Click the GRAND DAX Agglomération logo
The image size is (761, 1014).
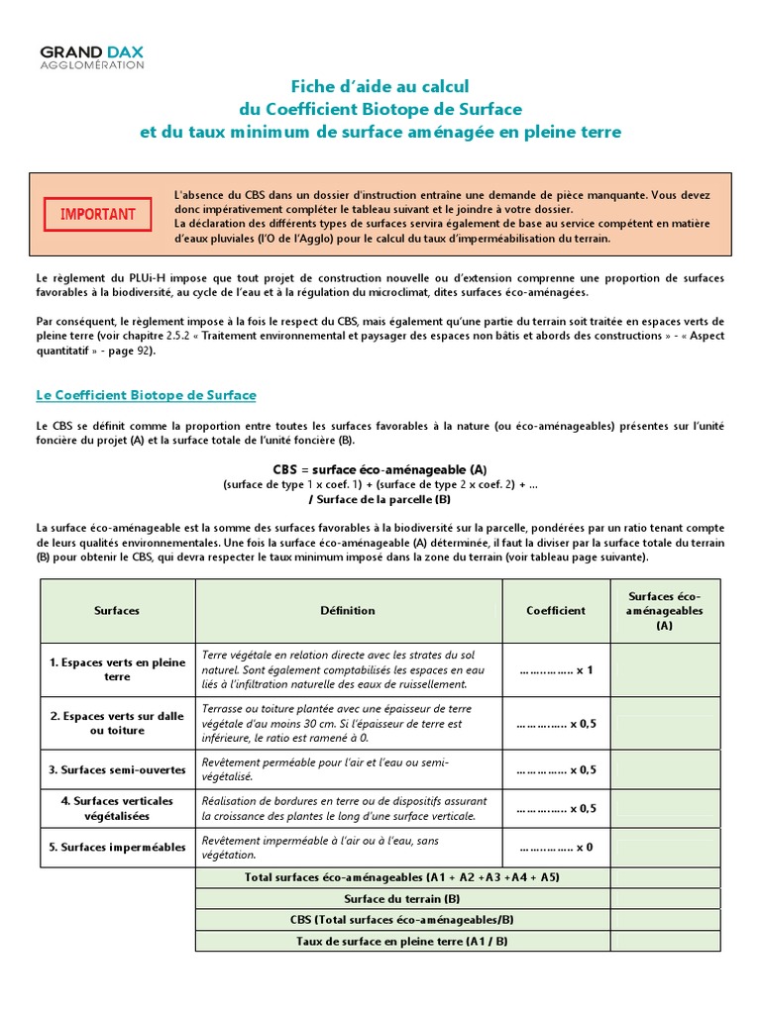(91, 57)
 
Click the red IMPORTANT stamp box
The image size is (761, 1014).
(98, 214)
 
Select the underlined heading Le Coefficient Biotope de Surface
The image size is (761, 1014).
(146, 395)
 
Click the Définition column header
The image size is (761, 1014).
(348, 611)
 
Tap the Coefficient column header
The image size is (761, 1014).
(555, 611)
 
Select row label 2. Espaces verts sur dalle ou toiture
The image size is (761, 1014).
(117, 723)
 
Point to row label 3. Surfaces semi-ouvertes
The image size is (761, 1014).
(117, 769)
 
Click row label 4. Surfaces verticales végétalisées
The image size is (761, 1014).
(117, 808)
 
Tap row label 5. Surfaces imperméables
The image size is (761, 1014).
(117, 848)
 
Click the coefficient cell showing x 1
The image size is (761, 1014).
(555, 670)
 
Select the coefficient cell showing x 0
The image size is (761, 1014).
(555, 848)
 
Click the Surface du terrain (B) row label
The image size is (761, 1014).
(402, 898)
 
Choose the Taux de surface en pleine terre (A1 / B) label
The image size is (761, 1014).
(402, 941)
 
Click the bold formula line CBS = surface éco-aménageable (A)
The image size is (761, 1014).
(380, 468)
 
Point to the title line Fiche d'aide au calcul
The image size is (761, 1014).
(380, 86)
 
